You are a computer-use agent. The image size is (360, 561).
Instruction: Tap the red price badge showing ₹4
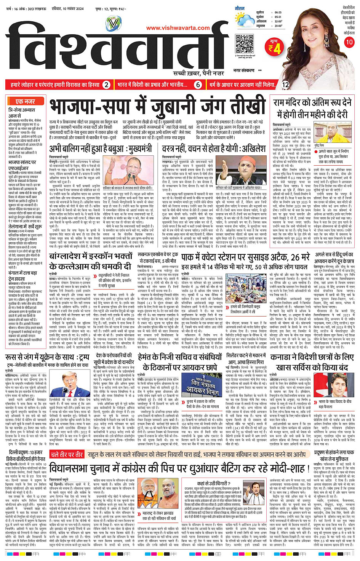[274, 47]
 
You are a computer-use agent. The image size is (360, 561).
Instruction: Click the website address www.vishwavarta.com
[178, 28]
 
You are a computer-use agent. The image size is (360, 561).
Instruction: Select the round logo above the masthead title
[113, 25]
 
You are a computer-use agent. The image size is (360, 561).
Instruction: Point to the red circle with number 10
[349, 42]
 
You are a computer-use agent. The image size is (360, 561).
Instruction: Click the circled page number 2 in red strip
[107, 85]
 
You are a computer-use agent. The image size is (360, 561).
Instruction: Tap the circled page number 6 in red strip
[198, 85]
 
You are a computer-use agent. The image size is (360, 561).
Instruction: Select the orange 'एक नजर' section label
[26, 102]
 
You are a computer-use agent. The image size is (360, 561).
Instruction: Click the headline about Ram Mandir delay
[312, 108]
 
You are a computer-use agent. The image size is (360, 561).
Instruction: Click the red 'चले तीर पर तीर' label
[67, 454]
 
